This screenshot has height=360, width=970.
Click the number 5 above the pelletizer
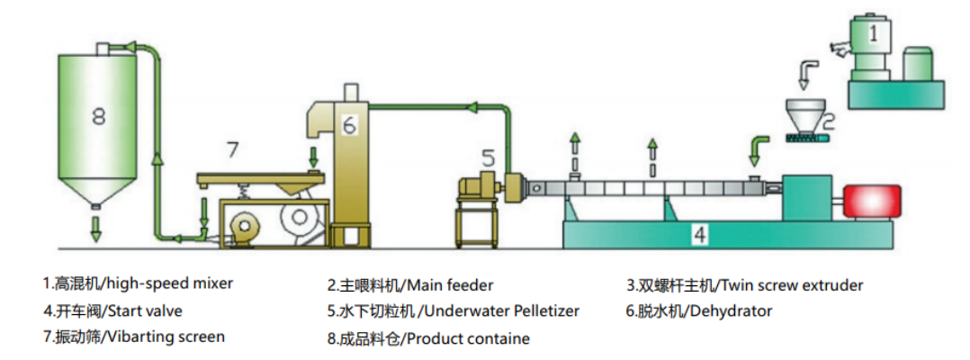pos(487,158)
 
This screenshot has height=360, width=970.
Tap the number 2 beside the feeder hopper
pos(829,118)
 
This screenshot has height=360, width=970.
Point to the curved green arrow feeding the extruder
pos(759,146)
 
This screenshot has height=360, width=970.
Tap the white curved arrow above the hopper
pos(810,73)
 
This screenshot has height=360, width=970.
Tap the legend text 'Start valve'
pos(144,310)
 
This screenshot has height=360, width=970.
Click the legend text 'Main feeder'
pos(450,285)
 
